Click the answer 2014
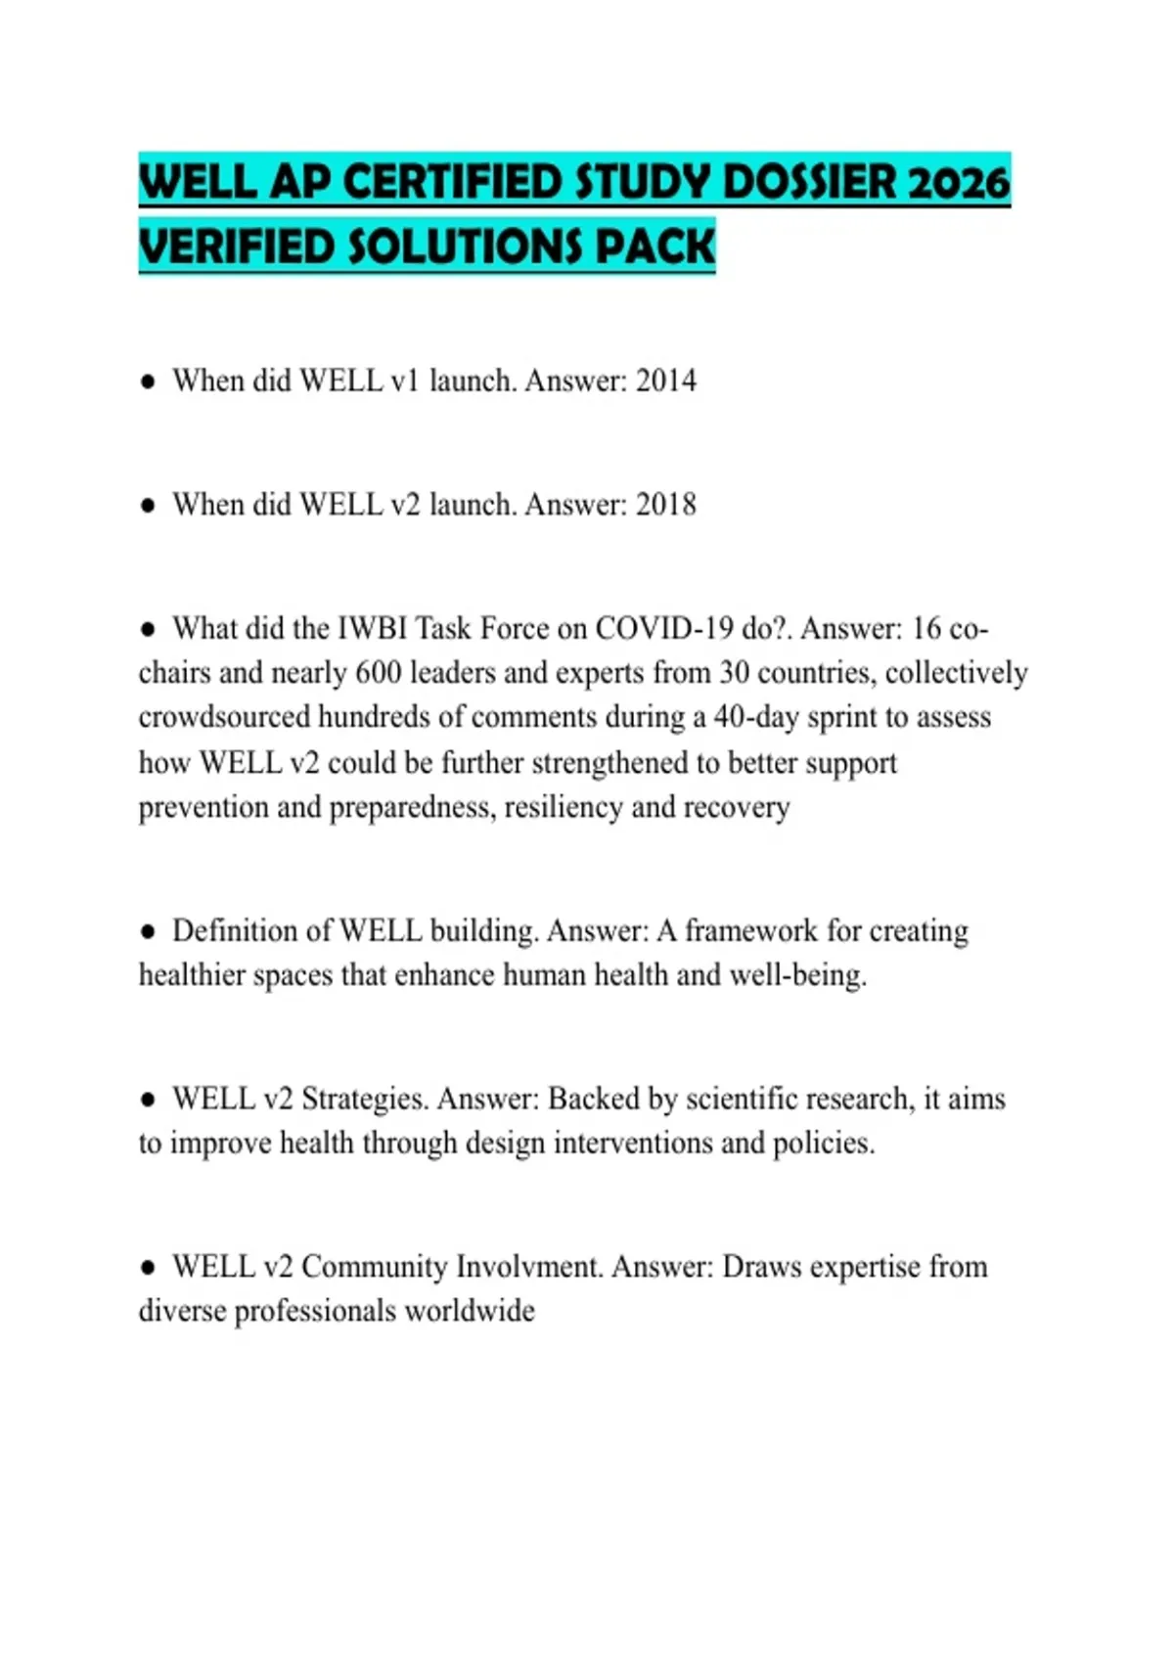coord(666,381)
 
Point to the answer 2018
coord(666,505)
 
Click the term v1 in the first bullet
coord(404,381)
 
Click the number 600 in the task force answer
coord(377,673)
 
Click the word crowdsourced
coord(225,717)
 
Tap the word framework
coord(750,930)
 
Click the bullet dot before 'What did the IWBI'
coord(148,629)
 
